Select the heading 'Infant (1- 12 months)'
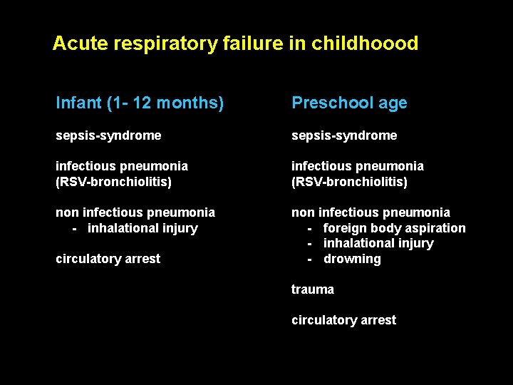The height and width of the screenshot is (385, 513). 140,103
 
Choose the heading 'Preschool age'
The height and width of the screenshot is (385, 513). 349,103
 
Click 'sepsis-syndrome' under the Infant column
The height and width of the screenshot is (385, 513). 108,135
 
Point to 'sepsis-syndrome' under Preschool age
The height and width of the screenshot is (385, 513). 344,135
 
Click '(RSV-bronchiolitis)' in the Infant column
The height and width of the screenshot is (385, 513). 114,182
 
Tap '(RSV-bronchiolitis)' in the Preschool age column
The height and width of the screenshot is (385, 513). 349,182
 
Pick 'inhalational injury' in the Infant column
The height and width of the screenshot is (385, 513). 142,228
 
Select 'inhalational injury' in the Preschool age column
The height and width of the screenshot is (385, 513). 378,243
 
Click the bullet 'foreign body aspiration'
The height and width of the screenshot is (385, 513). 394,228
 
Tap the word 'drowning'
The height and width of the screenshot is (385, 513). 352,259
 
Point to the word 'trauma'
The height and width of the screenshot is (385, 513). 312,289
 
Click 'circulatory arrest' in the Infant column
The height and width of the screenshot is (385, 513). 108,259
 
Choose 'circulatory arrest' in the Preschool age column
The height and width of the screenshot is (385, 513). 343,320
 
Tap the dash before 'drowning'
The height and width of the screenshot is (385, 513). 310,259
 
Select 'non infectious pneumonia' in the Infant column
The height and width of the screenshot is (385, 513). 135,212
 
